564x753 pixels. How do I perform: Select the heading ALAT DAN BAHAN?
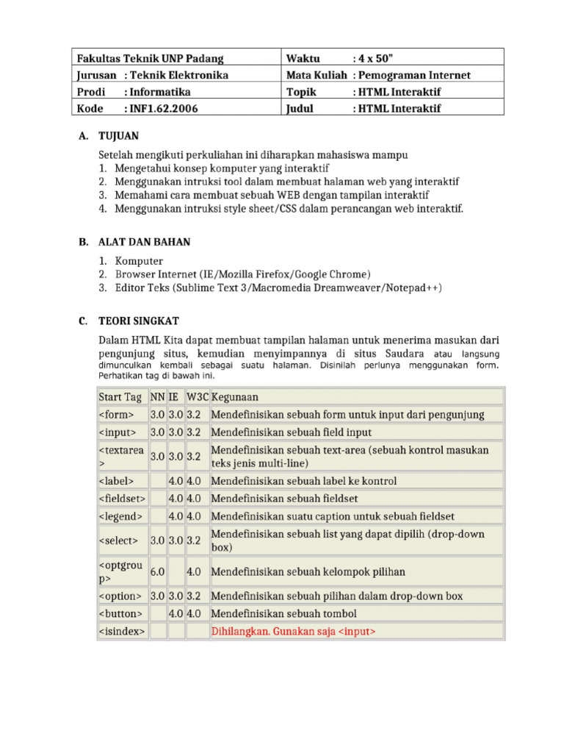145,241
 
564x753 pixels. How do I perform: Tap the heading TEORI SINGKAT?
139,321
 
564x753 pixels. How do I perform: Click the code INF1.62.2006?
162,108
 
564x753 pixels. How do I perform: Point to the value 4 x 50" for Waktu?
376,58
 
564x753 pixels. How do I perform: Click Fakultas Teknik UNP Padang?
150,58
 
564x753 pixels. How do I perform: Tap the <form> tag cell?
117,415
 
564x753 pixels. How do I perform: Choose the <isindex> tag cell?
122,631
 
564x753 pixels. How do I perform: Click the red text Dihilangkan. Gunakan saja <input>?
294,631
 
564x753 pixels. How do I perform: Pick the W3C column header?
197,397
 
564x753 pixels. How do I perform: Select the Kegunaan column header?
235,397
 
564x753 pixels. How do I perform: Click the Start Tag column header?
120,397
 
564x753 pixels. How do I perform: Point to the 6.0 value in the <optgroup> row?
157,571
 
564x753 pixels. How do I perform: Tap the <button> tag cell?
121,613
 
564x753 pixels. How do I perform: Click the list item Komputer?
139,261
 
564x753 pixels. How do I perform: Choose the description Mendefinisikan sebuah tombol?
283,613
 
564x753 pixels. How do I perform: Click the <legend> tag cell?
121,515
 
